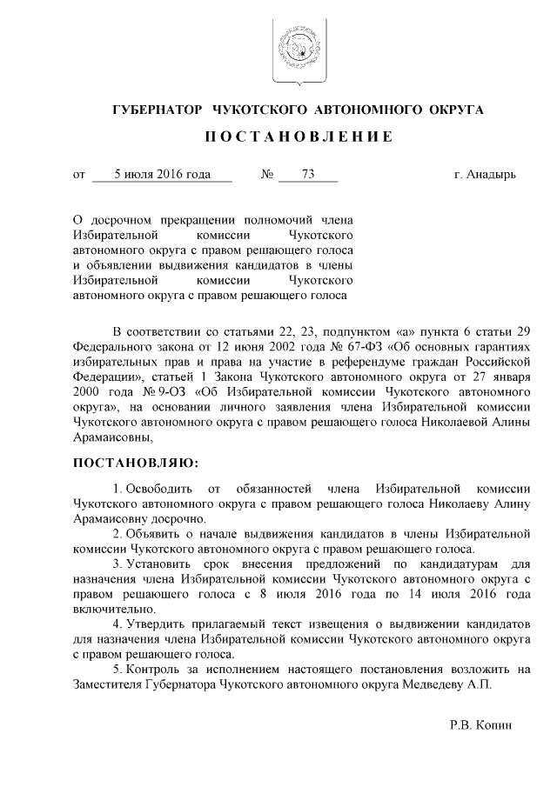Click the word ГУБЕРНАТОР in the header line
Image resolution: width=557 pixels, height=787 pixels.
point(155,110)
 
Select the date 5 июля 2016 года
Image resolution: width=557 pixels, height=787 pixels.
point(163,174)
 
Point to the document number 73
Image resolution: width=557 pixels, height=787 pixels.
point(307,174)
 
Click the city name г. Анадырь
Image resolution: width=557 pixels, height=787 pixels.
point(485,174)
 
